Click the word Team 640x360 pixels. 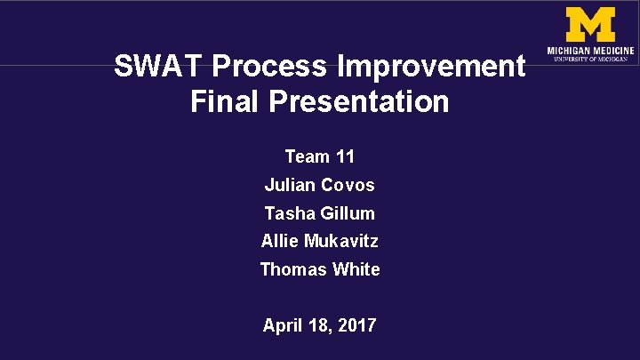[307, 157]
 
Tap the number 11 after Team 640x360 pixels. [345, 157]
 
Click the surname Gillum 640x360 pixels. [347, 213]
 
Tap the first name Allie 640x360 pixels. [280, 241]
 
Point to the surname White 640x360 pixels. [355, 269]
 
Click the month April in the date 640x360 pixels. [282, 325]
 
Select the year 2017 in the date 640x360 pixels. [356, 325]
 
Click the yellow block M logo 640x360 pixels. [590, 24]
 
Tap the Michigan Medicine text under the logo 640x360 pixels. [590, 51]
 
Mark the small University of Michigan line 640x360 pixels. [590, 60]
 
